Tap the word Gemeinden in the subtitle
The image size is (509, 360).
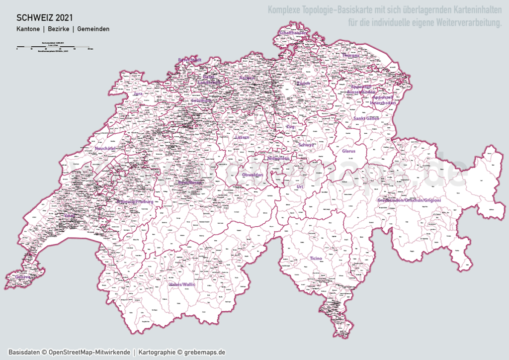click(x=93, y=29)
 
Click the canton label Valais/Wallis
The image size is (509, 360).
click(x=182, y=284)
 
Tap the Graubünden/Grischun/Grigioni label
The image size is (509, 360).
click(x=409, y=200)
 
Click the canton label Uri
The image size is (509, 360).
click(x=299, y=186)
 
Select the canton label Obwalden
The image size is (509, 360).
click(x=253, y=176)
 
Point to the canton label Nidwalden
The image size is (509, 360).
click(x=278, y=159)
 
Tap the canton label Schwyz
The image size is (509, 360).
click(x=306, y=145)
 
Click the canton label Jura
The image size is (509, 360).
click(x=138, y=93)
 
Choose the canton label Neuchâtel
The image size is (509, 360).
click(x=105, y=148)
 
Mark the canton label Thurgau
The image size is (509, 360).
click(x=350, y=56)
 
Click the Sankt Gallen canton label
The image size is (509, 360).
click(x=366, y=118)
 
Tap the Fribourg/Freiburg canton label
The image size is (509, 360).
click(x=135, y=202)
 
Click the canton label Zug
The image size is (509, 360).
click(x=290, y=127)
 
